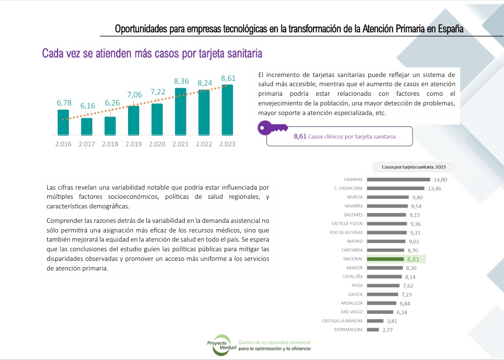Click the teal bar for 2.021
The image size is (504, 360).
181,111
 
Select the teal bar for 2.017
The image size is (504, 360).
87,126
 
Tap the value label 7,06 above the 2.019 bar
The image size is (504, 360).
134,95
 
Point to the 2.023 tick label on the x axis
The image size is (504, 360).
227,144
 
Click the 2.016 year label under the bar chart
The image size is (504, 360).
63,144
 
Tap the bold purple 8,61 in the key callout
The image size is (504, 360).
300,137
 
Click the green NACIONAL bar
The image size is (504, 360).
385,259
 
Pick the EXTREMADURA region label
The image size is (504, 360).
348,330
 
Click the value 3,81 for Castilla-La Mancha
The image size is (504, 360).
392,321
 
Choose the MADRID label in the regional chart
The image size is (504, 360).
355,241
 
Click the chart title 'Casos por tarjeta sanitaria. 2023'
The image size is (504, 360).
414,167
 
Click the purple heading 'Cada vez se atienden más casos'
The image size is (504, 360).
152,53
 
